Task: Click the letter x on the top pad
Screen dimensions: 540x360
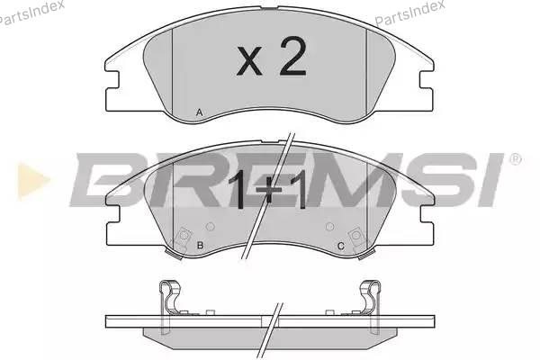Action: (x=249, y=62)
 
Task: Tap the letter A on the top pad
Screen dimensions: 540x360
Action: (x=199, y=112)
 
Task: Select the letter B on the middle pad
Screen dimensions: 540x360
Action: (x=200, y=246)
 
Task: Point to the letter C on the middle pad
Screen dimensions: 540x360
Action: (x=340, y=246)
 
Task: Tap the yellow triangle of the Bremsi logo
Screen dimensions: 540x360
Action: (x=32, y=180)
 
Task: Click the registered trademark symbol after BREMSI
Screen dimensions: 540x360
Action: (x=515, y=159)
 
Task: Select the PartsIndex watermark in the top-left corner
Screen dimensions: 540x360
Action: (x=31, y=13)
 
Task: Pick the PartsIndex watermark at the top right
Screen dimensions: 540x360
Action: (x=409, y=13)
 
